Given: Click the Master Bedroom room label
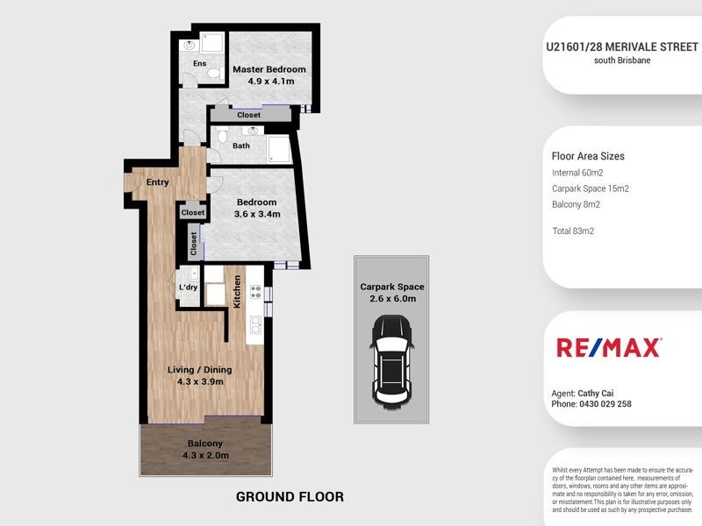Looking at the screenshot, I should click(269, 69).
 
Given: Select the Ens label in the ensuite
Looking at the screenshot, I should click(199, 63).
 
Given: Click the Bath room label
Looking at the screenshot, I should click(240, 146).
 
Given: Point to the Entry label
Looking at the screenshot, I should click(158, 182).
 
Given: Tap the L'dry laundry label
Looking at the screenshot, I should click(187, 288).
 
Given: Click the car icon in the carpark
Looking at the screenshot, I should click(391, 359).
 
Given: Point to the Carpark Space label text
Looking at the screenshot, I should click(391, 287).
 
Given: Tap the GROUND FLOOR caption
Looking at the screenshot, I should click(290, 497).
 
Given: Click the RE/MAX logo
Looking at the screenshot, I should click(608, 348).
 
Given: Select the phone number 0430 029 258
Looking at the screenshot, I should click(605, 404).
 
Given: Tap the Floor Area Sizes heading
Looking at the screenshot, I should click(587, 156).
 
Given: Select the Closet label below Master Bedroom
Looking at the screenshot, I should click(249, 115).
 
